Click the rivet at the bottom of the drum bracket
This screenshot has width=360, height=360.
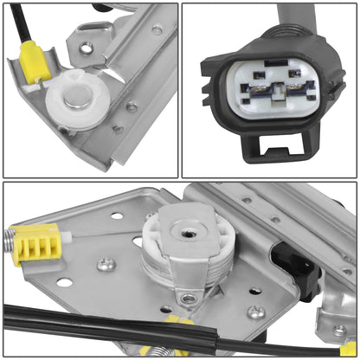pos(189,299)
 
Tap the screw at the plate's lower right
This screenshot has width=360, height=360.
pos(256,312)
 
